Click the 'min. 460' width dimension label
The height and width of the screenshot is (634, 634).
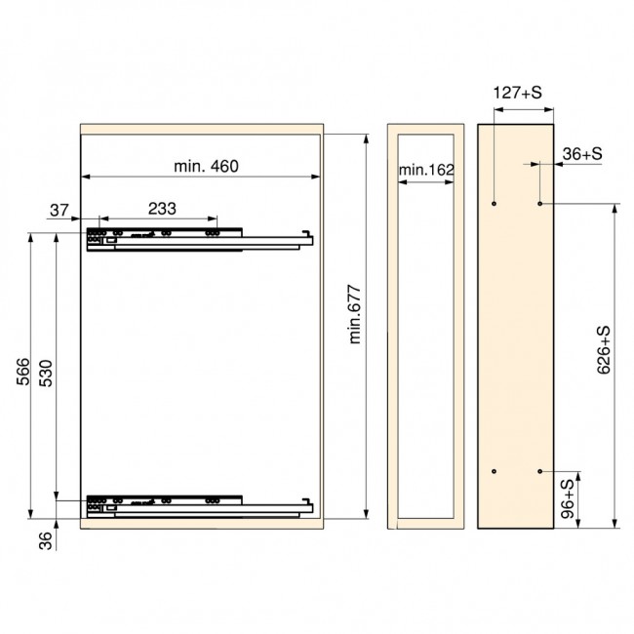[x=206, y=166]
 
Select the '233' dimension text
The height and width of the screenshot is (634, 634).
[x=162, y=208]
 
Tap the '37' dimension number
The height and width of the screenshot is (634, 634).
[x=59, y=208]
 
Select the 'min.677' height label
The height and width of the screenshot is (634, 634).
[x=354, y=314]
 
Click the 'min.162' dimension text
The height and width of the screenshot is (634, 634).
[x=426, y=171]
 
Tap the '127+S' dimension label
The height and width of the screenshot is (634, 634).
[x=517, y=95]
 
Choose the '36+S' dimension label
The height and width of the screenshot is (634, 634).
[x=582, y=154]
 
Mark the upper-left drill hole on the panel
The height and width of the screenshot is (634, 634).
[x=495, y=204]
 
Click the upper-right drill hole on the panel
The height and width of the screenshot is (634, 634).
[x=540, y=204]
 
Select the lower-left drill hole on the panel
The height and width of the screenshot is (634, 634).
[x=495, y=471]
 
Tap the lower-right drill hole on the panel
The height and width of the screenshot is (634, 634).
[x=540, y=471]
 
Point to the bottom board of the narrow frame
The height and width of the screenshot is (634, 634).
[x=425, y=522]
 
